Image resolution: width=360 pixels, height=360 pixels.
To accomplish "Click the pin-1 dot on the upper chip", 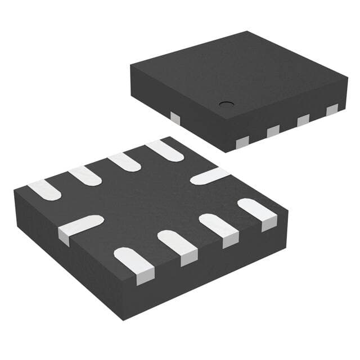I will point(227,104).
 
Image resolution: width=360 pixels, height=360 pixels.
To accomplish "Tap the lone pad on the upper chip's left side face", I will point(175,117).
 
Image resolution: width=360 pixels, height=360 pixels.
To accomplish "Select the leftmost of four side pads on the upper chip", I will point(243,141).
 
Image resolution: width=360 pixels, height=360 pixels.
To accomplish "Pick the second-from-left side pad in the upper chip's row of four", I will point(273,130).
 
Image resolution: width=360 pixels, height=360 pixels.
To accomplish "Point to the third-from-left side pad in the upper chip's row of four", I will point(303,120).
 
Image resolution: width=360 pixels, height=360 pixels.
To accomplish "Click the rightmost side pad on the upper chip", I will point(332,110).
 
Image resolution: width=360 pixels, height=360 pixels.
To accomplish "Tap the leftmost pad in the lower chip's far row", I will point(44,190).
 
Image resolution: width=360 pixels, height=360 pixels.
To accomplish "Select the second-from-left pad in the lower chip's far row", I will point(85,175).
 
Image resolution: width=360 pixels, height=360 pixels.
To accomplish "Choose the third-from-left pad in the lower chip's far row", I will point(124,162).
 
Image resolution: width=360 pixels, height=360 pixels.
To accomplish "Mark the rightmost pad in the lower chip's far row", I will point(164,150).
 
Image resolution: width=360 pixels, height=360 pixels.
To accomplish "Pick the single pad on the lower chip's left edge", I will point(80,226).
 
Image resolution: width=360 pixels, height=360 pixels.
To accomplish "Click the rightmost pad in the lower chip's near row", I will point(258,213).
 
